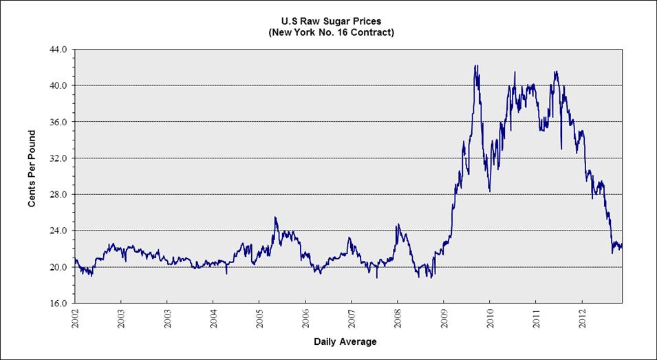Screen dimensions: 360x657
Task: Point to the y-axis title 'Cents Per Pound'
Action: point(32,176)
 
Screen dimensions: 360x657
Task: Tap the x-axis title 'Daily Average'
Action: point(345,341)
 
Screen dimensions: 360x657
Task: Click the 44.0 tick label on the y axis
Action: point(58,50)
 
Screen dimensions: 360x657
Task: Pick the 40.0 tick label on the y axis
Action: point(58,86)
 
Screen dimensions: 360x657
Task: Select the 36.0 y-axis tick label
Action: point(58,122)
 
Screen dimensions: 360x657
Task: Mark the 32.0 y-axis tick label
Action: point(58,158)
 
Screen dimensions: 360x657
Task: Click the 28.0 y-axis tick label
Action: point(58,194)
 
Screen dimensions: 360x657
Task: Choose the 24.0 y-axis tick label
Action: point(58,231)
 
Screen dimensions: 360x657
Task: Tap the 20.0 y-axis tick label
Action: point(58,267)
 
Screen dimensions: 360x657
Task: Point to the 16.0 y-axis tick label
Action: point(58,303)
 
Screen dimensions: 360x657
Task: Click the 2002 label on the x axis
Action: point(75,319)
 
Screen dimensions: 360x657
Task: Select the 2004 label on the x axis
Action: point(213,319)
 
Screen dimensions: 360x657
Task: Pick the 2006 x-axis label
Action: point(305,319)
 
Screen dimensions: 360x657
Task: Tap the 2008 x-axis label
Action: point(398,319)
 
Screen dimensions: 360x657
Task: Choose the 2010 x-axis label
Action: point(490,319)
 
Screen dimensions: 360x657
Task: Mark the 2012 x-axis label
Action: point(582,319)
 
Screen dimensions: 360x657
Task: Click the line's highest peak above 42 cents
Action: point(475,66)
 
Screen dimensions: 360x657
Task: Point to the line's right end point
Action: point(622,246)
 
